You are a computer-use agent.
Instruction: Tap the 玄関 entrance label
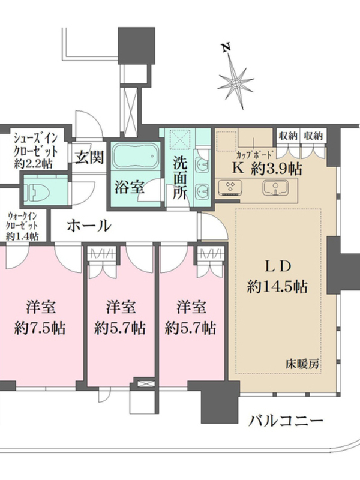tap(89, 157)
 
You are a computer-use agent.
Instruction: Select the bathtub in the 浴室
tap(134, 156)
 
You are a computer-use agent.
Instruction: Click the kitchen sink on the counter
tap(276, 187)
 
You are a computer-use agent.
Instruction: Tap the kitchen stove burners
tap(230, 187)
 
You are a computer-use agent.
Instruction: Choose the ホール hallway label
tap(89, 226)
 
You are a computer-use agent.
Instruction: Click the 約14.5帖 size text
tap(277, 287)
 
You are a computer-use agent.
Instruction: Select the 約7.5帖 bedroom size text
tap(40, 328)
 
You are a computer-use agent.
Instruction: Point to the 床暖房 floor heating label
tap(302, 364)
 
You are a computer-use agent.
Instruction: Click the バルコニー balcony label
tap(286, 421)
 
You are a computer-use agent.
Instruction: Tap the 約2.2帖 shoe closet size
tap(33, 164)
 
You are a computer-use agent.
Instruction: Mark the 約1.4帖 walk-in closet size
tap(22, 236)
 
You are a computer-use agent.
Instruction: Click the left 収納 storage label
tap(287, 136)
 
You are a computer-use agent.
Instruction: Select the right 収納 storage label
tap(313, 136)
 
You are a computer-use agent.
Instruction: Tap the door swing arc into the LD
tap(218, 223)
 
